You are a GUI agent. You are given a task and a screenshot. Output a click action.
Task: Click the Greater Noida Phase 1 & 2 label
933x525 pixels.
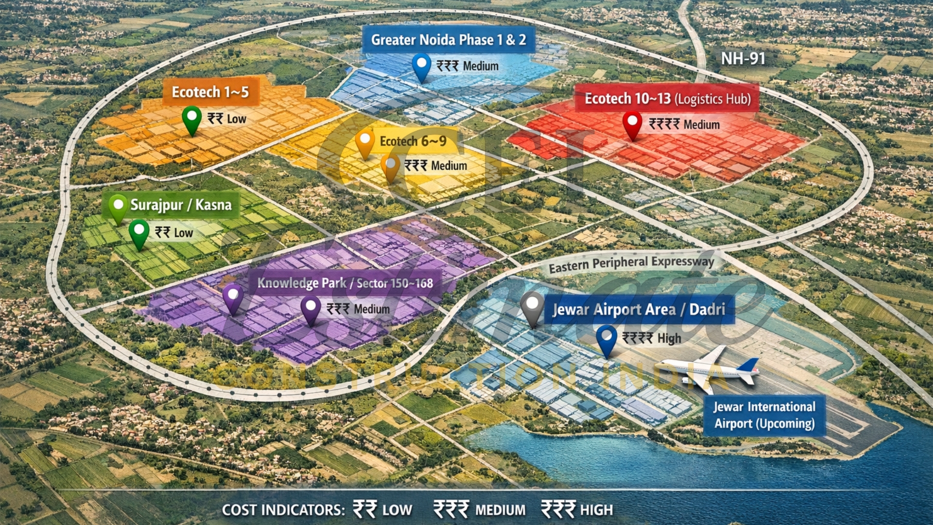448,40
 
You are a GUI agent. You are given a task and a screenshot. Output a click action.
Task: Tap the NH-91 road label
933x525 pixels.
743,59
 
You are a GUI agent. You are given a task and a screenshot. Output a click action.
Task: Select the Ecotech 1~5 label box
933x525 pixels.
210,92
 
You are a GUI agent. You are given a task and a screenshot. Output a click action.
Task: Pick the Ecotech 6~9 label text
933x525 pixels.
413,141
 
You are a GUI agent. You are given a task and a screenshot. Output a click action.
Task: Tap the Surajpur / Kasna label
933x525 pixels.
180,205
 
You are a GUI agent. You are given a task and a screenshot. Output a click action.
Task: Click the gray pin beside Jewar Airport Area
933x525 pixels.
532,307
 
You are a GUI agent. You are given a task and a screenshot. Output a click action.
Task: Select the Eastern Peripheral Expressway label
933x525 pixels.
631,263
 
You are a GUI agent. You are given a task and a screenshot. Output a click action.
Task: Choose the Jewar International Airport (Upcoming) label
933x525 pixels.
764,415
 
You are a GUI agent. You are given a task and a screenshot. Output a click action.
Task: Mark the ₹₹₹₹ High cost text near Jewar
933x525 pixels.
652,338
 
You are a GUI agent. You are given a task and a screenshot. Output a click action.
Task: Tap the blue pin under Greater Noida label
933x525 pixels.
421,66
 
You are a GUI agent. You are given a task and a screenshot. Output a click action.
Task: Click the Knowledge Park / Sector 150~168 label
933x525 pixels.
345,283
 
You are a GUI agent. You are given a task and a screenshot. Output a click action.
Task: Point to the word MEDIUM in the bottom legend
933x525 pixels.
500,510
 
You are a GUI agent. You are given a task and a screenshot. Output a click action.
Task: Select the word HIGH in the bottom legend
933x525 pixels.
596,510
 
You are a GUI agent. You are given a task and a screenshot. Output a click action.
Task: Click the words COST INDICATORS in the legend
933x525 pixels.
283,510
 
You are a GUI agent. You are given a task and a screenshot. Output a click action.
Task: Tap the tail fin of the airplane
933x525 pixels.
748,368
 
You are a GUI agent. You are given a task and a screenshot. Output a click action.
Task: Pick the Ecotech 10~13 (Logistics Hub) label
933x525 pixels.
667,99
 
